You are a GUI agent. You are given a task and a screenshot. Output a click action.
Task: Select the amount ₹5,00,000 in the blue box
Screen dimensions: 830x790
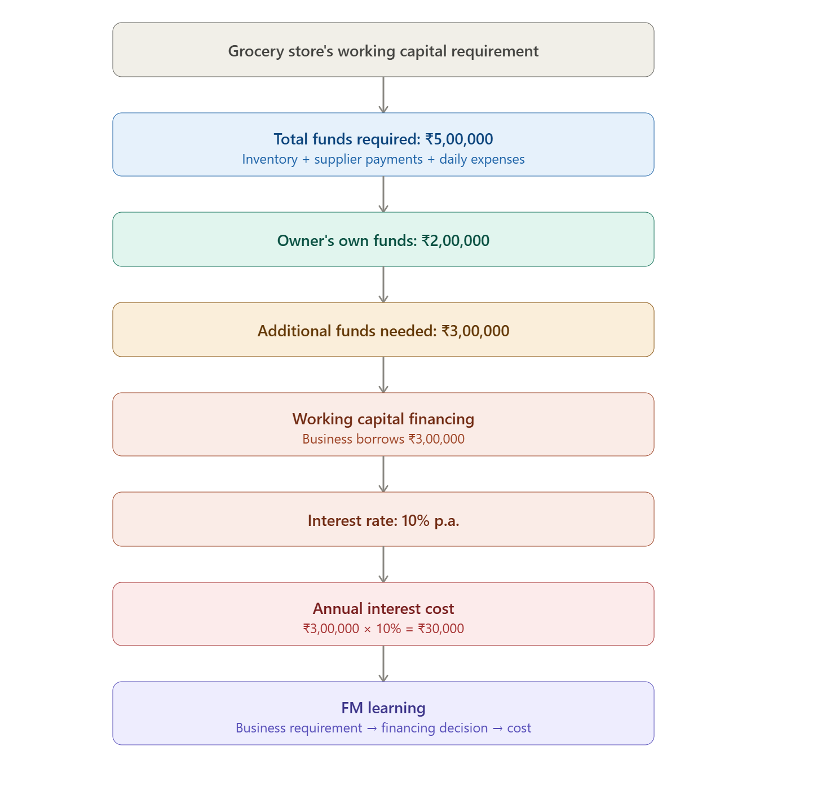[x=459, y=139]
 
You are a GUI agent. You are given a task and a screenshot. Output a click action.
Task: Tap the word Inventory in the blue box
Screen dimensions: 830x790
[x=270, y=159]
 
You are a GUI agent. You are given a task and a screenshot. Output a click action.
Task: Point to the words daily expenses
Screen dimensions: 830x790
[x=482, y=159]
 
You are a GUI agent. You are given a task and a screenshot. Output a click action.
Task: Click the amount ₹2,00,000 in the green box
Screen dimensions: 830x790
[x=456, y=240]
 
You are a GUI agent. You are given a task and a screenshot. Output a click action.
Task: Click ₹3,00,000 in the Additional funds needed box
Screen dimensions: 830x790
[x=475, y=331]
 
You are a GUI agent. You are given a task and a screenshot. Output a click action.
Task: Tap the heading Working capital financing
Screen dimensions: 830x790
[x=383, y=419]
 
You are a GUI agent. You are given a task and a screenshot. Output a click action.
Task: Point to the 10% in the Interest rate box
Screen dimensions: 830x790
[x=416, y=520]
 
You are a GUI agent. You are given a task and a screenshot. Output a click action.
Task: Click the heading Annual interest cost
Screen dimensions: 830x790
[x=383, y=609]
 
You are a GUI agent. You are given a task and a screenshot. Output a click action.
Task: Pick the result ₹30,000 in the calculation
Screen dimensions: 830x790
[x=441, y=629]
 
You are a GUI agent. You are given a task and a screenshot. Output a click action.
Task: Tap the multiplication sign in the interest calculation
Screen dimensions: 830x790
[x=367, y=630]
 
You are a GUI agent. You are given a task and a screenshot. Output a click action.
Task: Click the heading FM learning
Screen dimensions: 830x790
[x=383, y=708]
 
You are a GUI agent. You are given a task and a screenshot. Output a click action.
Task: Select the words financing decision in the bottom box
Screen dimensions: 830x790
[x=434, y=728]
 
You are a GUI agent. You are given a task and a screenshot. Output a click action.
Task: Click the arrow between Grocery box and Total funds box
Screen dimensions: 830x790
[x=383, y=95]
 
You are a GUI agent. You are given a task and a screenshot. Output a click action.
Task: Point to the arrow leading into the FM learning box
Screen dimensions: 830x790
[x=383, y=664]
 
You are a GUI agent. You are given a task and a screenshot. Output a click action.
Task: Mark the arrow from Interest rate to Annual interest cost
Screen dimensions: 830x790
[x=383, y=564]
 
